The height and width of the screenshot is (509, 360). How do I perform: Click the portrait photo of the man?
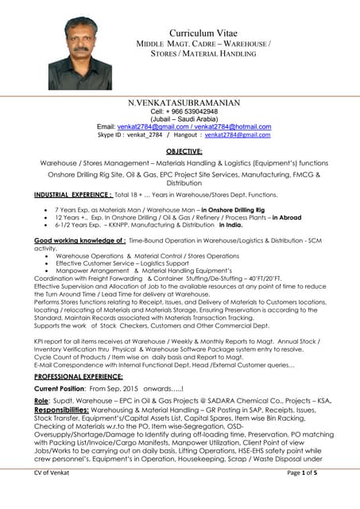pyautogui.click(x=79, y=53)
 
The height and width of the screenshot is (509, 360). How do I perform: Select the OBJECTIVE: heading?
pyautogui.click(x=184, y=150)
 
